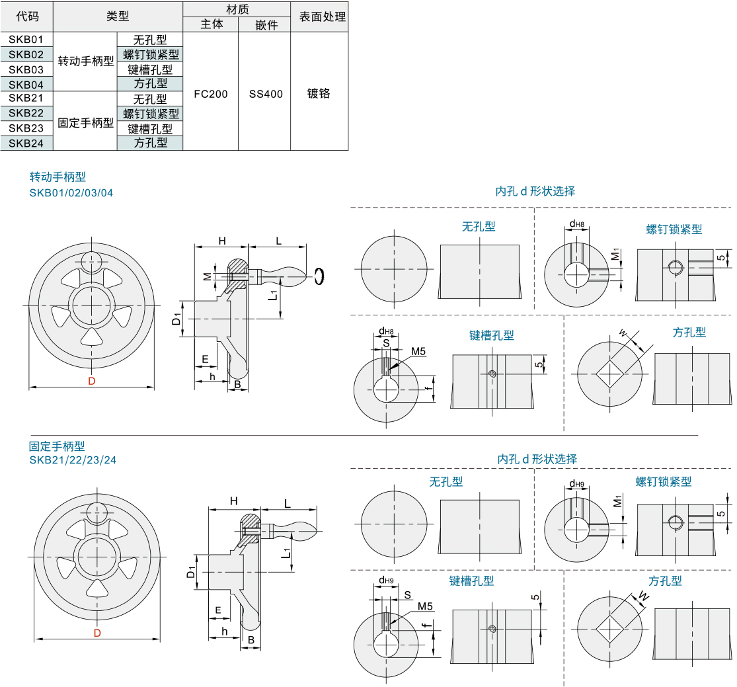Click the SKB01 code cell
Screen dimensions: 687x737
[26, 40]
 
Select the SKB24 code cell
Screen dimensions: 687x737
[26, 143]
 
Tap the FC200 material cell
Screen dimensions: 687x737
[210, 94]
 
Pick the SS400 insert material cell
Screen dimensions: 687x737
[266, 94]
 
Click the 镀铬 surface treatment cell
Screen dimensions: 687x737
[319, 94]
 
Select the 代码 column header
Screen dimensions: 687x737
[27, 17]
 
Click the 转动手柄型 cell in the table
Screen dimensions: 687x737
[86, 61]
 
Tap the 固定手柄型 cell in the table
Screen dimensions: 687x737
[86, 123]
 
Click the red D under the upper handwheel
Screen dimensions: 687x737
[92, 381]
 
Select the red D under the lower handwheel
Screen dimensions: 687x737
[97, 633]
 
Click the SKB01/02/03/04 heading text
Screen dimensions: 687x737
[71, 193]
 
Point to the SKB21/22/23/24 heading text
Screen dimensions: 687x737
[73, 460]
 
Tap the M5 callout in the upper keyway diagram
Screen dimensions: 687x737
[418, 351]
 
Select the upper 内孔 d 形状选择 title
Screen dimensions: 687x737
[535, 191]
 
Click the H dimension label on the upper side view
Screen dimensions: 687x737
[222, 241]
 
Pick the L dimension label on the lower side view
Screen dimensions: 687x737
[287, 503]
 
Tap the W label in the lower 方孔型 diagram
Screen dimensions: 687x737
[643, 596]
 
